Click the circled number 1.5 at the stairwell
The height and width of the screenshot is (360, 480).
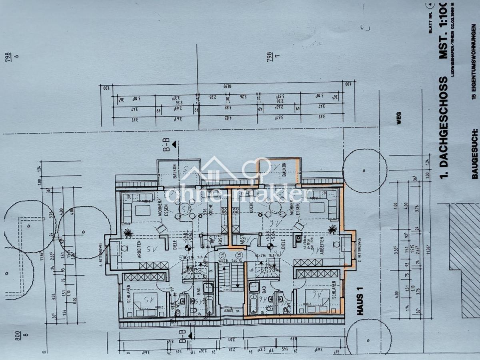point(222,255)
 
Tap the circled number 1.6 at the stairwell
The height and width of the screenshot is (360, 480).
point(239,255)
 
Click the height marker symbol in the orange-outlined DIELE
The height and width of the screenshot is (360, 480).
point(270,246)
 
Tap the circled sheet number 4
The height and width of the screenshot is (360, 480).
point(431,5)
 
